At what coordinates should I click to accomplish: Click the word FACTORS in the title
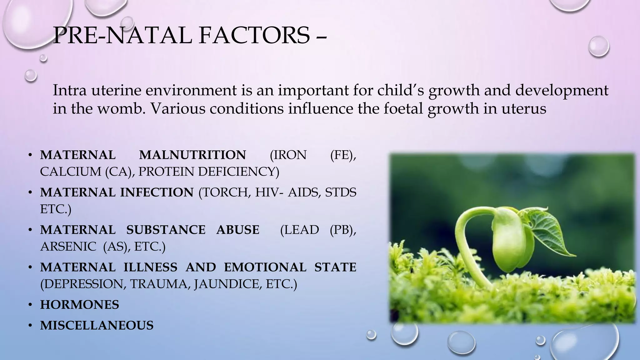254,35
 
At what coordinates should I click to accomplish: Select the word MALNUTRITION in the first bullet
192,155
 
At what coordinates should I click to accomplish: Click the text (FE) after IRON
343,155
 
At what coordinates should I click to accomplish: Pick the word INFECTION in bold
157,192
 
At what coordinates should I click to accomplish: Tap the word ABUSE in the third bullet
237,230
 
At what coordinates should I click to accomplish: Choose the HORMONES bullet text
80,305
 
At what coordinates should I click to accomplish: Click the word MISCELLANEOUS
97,325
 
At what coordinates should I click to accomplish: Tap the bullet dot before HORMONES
30,305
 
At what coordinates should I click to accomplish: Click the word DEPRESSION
83,284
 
